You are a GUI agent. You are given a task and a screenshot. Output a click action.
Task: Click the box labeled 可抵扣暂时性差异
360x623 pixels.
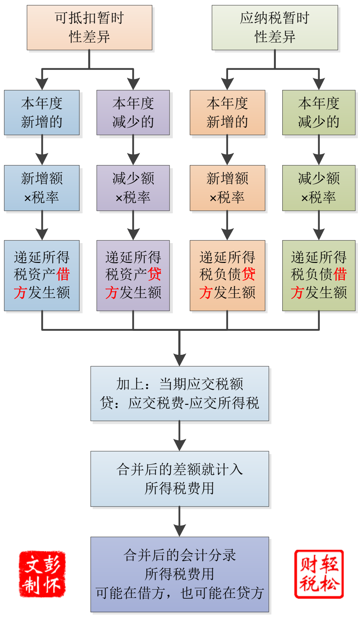click(89, 27)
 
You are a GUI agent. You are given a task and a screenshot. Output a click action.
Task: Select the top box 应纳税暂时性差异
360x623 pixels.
click(275, 27)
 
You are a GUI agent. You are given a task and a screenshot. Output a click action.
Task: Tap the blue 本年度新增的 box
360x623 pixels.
click(42, 112)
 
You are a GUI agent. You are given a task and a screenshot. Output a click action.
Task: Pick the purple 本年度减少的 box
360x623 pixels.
click(133, 112)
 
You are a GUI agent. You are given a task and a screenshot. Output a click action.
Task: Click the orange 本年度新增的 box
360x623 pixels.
click(227, 112)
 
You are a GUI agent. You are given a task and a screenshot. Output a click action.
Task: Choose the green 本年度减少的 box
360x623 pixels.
click(319, 112)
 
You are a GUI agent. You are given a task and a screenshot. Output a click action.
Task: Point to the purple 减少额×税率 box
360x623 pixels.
click(133, 188)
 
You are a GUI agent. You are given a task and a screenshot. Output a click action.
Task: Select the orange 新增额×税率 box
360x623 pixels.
click(227, 188)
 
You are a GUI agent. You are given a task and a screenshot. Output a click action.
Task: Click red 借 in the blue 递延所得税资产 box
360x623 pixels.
click(63, 274)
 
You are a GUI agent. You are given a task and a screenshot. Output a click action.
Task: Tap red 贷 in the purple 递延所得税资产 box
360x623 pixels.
click(154, 274)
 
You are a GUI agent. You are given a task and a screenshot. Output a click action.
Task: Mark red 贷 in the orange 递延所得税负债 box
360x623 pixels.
click(248, 274)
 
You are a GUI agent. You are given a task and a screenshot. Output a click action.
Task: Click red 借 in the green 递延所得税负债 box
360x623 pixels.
click(340, 274)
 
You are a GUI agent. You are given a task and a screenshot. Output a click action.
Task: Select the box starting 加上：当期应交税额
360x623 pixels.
click(179, 393)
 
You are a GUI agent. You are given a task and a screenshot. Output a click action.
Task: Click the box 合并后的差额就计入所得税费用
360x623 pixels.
click(179, 479)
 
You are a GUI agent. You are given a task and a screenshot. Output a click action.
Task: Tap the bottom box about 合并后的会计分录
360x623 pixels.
click(179, 574)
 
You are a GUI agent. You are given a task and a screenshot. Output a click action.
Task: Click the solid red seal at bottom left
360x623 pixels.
click(42, 574)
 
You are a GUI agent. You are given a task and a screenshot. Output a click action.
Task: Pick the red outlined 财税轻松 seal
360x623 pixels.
click(319, 574)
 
